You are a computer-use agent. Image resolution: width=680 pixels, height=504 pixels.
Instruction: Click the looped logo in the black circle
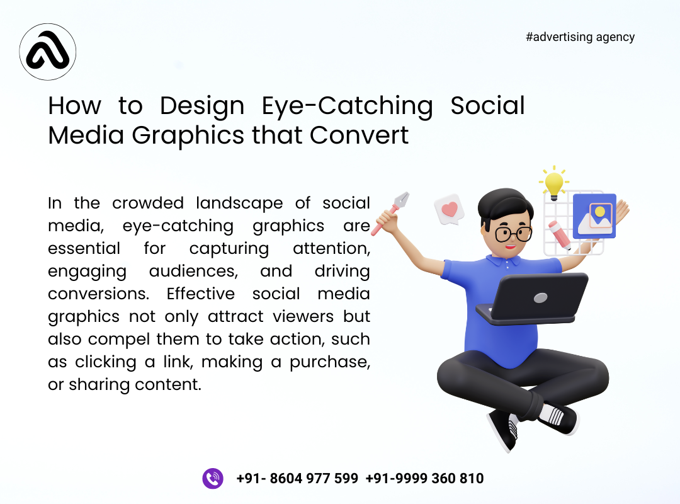click(x=48, y=52)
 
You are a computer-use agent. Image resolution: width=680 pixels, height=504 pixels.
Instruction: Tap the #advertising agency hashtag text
click(x=580, y=37)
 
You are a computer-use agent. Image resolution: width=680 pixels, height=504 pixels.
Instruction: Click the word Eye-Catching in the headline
click(x=348, y=105)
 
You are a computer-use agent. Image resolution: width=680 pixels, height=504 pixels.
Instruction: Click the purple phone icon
click(x=213, y=478)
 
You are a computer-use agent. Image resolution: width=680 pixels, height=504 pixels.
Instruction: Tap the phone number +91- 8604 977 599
click(x=297, y=478)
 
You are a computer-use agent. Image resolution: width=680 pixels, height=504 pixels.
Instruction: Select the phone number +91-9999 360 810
click(x=424, y=478)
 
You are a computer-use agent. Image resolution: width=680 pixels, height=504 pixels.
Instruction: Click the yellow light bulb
click(x=553, y=183)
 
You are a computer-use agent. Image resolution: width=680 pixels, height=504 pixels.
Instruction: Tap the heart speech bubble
click(x=448, y=209)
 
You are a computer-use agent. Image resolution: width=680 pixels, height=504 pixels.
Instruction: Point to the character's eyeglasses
click(x=513, y=234)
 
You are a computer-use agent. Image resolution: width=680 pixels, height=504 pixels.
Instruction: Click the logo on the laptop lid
click(x=540, y=296)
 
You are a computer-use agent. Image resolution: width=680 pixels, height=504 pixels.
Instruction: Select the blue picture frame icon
click(x=594, y=216)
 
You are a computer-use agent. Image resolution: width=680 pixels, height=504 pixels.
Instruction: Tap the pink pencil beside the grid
click(x=559, y=234)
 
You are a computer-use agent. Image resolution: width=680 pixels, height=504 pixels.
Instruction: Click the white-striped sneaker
click(x=557, y=416)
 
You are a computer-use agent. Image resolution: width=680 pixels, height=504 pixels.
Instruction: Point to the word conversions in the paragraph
click(x=88, y=294)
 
